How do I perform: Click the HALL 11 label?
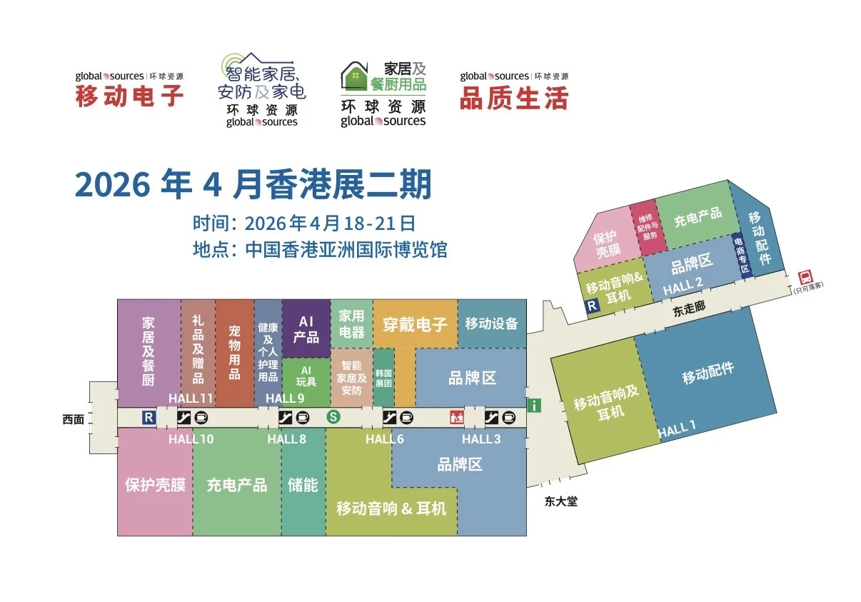click(x=191, y=398)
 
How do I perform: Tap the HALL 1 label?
click(x=676, y=430)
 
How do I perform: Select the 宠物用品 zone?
click(x=235, y=351)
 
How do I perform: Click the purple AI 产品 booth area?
click(x=306, y=329)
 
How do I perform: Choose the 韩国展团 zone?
click(x=383, y=378)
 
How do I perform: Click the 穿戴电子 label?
click(x=415, y=324)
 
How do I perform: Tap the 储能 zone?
click(x=303, y=485)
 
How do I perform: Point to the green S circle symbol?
click(x=332, y=417)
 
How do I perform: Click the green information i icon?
click(x=534, y=406)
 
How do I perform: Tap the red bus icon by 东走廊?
click(x=805, y=276)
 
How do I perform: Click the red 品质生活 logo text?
click(x=513, y=98)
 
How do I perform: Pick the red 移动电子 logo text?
click(x=129, y=96)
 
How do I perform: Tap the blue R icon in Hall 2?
click(x=592, y=306)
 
